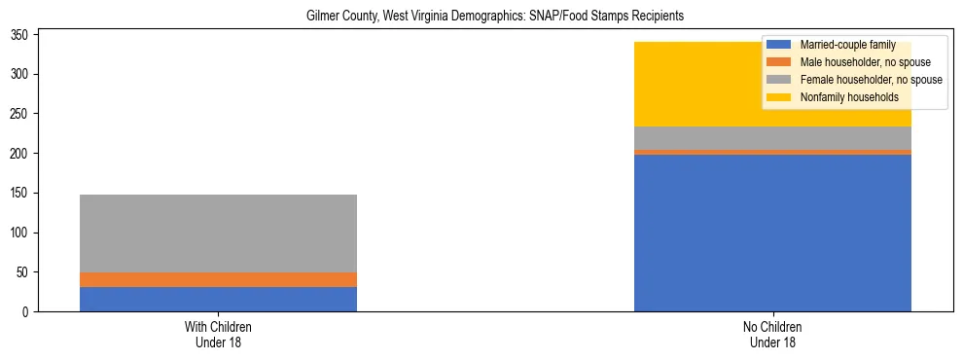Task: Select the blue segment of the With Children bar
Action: tap(218, 300)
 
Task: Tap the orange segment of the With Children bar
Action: tap(218, 279)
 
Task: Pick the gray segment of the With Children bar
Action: tap(218, 234)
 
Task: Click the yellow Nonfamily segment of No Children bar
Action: tap(700, 85)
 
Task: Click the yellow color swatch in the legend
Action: tap(779, 97)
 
